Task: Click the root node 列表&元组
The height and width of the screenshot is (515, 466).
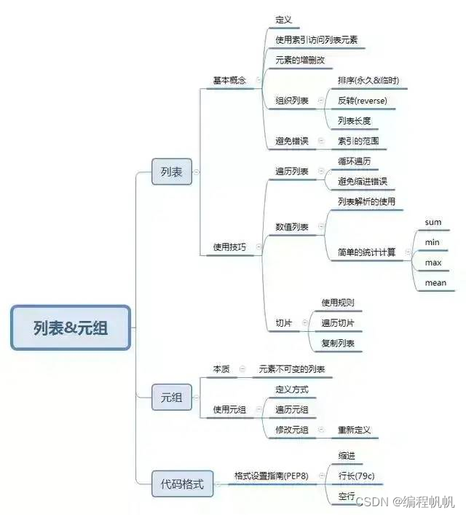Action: click(x=71, y=328)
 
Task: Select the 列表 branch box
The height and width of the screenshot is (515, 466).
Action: click(x=172, y=172)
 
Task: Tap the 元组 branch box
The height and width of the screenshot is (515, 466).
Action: click(x=172, y=398)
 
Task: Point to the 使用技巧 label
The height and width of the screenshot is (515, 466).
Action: click(x=229, y=247)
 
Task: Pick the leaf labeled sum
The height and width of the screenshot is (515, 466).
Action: click(x=433, y=222)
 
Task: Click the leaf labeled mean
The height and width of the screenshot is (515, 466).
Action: click(x=435, y=282)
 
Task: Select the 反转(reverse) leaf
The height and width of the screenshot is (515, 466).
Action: click(x=362, y=100)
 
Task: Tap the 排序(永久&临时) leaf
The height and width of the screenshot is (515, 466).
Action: click(x=368, y=80)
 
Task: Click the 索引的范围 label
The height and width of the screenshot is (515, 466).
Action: click(x=358, y=140)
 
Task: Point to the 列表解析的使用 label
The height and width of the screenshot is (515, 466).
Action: click(x=367, y=201)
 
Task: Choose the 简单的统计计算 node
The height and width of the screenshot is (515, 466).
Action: click(x=367, y=252)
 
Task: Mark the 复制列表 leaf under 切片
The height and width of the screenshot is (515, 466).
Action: click(x=338, y=343)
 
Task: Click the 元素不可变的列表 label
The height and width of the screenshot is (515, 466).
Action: click(x=292, y=369)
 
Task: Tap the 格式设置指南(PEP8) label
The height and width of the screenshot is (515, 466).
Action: click(x=271, y=476)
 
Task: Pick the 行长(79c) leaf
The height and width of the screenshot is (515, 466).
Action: click(x=356, y=476)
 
